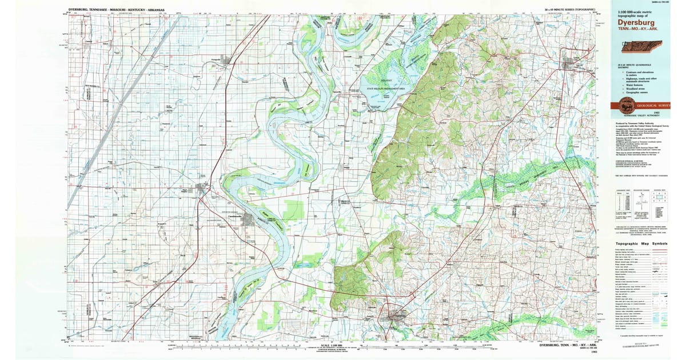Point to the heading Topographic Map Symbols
pos(641,243)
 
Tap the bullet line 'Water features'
pos(633,83)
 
